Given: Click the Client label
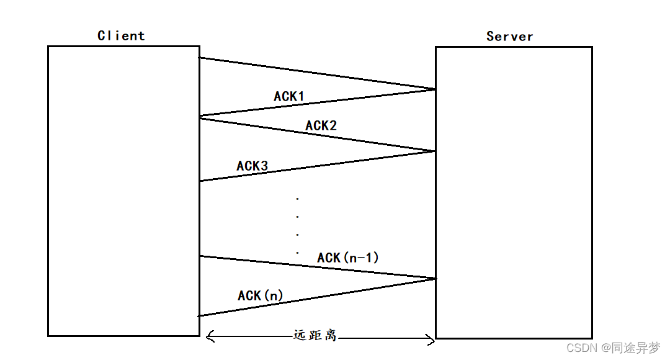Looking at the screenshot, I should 121,35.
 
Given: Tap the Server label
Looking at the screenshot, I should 509,36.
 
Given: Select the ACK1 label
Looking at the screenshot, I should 289,96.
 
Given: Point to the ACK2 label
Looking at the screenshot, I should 321,125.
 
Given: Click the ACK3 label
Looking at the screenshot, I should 252,166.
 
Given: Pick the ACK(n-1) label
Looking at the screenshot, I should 347,257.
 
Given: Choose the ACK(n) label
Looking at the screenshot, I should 260,295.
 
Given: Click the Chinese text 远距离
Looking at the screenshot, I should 315,335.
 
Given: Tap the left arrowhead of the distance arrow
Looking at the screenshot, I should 208,337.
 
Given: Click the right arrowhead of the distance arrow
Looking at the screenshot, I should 431,338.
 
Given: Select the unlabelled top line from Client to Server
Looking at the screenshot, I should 316,74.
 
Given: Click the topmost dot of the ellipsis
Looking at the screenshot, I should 298,199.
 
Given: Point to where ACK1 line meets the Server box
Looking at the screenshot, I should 435,89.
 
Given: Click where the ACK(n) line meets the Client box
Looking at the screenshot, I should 199,316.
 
